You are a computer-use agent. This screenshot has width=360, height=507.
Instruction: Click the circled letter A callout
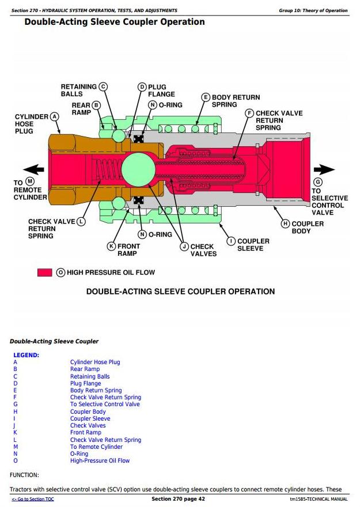(x=55, y=116)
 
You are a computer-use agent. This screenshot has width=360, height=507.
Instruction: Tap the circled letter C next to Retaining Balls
(x=103, y=86)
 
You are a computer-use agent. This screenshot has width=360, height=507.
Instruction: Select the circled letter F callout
(x=249, y=113)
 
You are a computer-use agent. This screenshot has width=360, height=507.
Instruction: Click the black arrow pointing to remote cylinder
(x=33, y=169)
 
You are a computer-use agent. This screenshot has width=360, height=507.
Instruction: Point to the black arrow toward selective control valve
(x=324, y=169)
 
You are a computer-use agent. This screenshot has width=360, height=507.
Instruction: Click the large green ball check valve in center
(x=138, y=169)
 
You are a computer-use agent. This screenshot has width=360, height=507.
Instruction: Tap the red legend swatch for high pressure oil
(x=44, y=273)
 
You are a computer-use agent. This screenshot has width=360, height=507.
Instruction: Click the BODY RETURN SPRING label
(x=236, y=101)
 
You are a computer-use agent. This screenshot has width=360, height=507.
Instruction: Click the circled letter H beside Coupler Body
(x=285, y=224)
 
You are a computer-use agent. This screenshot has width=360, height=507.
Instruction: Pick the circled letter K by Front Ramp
(x=111, y=247)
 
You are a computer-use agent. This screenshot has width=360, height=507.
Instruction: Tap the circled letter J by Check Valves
(x=184, y=247)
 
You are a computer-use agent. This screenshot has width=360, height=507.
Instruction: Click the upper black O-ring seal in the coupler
(x=139, y=139)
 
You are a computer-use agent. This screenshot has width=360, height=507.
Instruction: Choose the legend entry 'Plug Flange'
(x=86, y=384)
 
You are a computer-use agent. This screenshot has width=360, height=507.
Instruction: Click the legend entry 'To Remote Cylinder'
(x=96, y=447)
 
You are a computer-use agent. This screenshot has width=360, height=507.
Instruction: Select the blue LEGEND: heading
(x=26, y=355)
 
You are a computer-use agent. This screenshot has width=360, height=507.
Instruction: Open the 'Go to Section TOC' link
(x=33, y=500)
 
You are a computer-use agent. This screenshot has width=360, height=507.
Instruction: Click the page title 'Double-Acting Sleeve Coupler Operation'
(x=115, y=22)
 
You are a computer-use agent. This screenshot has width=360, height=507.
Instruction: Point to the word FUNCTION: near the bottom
(x=24, y=475)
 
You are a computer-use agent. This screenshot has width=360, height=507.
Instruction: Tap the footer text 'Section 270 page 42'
(x=178, y=499)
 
